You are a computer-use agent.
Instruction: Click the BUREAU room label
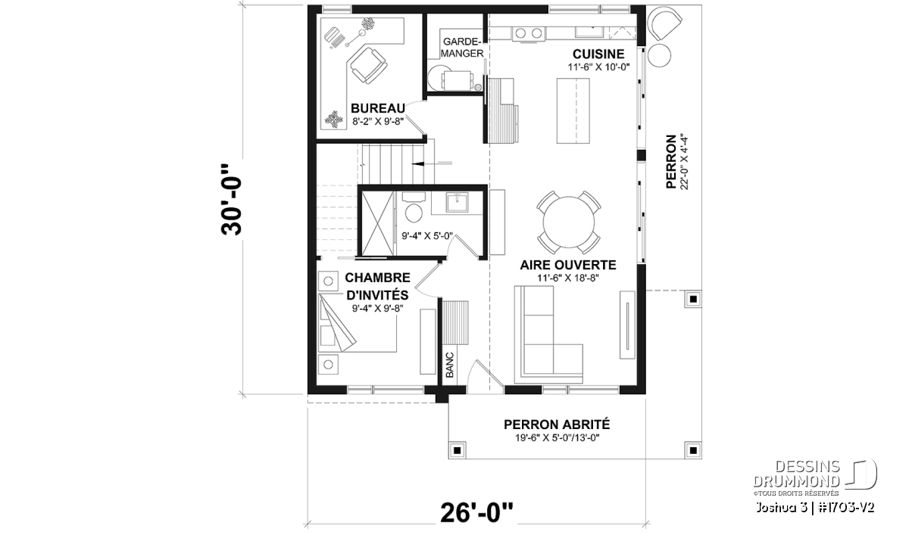coord(378,108)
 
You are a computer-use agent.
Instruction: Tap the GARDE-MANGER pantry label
coord(462,48)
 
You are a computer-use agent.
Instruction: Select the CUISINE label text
coord(598,54)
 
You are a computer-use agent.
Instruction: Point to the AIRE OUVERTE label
coord(568,265)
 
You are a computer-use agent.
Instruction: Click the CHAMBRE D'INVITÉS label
coord(377,286)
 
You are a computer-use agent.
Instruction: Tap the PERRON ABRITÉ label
coord(557,424)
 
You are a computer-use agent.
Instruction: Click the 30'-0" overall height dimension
coord(231,200)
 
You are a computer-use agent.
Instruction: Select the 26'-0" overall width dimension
coord(476,513)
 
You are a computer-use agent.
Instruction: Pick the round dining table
coord(569,222)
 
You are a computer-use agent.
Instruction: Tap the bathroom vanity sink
coord(457,203)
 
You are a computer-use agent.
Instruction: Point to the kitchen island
coord(573,110)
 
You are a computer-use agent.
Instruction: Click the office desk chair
coord(368,66)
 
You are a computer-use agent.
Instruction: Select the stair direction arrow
coord(431,163)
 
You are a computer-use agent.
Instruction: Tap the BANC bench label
coord(450,365)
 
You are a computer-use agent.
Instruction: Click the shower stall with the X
coord(377,223)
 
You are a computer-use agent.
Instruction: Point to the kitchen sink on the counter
coord(592,32)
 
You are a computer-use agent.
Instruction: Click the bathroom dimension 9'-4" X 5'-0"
coord(427,236)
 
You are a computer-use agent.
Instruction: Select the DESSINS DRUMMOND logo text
coord(796,474)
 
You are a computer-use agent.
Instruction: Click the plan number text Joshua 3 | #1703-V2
coord(815,508)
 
